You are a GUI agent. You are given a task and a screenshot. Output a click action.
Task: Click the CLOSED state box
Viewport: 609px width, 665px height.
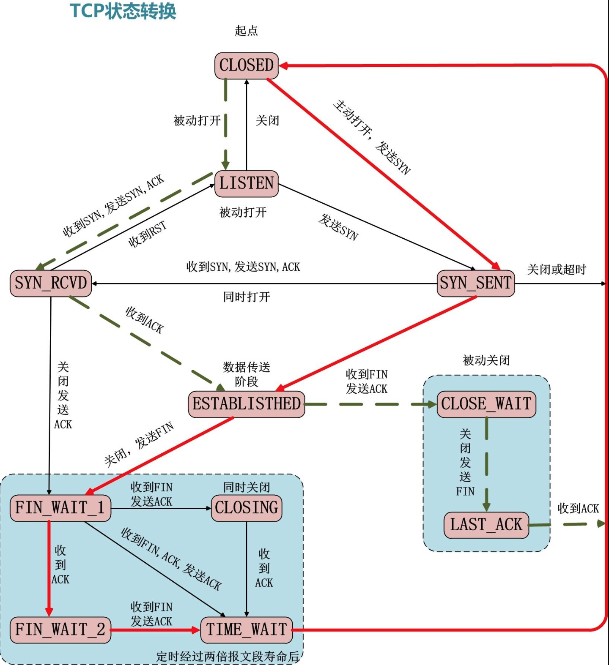pyautogui.click(x=247, y=66)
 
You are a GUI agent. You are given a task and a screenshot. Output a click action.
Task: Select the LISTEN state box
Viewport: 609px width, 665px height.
pyautogui.click(x=247, y=184)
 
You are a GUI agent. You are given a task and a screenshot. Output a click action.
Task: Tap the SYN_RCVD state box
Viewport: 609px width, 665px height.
pyautogui.click(x=51, y=283)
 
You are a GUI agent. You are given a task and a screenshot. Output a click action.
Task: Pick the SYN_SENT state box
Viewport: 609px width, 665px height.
pyautogui.click(x=476, y=283)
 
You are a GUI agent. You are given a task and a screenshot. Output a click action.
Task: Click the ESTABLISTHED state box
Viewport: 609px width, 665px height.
pyautogui.click(x=247, y=404)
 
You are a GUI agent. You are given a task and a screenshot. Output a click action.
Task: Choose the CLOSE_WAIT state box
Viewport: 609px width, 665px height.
pyautogui.click(x=486, y=404)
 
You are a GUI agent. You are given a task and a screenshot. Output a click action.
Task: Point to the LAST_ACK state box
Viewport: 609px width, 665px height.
pyautogui.click(x=486, y=525)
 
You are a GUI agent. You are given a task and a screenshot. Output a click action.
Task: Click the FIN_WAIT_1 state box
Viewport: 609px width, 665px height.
pyautogui.click(x=60, y=508)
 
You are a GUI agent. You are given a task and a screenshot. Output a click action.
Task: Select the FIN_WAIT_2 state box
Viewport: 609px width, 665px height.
pyautogui.click(x=60, y=630)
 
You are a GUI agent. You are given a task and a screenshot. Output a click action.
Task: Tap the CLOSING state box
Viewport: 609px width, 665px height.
pyautogui.click(x=247, y=508)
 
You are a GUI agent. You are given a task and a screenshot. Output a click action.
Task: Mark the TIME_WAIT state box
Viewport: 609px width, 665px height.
pyautogui.click(x=247, y=630)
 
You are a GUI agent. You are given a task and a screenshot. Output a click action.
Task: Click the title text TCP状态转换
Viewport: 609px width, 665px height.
pyautogui.click(x=123, y=11)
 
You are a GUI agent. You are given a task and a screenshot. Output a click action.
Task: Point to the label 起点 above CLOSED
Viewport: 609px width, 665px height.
pyautogui.click(x=247, y=31)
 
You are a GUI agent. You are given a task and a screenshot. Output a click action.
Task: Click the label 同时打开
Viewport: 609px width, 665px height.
pyautogui.click(x=247, y=297)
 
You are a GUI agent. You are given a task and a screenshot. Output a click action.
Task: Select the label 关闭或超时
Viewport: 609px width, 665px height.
pyautogui.click(x=557, y=270)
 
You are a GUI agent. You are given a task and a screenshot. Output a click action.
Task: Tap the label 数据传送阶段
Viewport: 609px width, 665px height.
pyautogui.click(x=247, y=374)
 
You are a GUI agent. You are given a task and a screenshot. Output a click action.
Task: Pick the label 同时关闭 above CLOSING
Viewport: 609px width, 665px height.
pyautogui.click(x=247, y=487)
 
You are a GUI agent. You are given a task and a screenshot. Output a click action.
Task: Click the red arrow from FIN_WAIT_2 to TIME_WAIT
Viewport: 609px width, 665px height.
pyautogui.click(x=155, y=630)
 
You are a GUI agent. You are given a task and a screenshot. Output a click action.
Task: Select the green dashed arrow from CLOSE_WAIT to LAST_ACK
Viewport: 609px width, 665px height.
pyautogui.click(x=486, y=465)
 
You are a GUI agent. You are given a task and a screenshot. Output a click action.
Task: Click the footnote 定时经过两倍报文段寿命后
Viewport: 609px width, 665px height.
pyautogui.click(x=228, y=657)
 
